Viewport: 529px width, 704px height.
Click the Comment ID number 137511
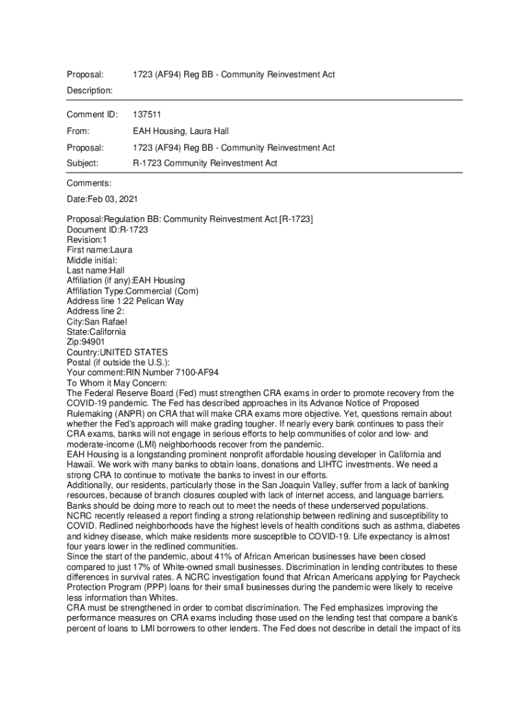tap(147, 114)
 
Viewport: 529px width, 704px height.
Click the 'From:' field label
tap(79, 131)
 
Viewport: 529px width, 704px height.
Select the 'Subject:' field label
tap(82, 164)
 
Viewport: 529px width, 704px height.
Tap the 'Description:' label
tap(90, 90)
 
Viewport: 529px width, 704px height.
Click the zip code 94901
tap(95, 342)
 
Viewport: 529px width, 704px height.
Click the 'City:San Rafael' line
tap(97, 322)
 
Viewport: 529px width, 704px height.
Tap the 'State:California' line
tap(96, 331)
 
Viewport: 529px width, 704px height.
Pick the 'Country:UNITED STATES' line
tap(117, 352)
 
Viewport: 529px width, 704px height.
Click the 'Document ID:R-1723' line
tap(107, 230)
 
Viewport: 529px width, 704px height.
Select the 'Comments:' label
tap(89, 184)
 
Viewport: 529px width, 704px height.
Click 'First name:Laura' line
tap(100, 250)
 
